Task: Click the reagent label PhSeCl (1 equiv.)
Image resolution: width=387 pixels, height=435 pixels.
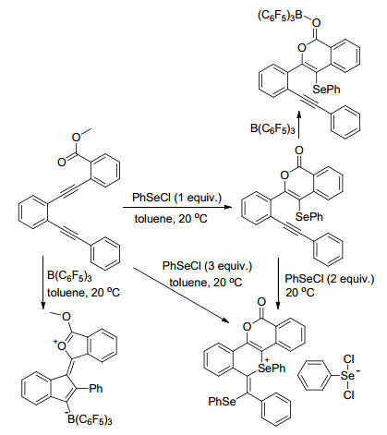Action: pos(176,198)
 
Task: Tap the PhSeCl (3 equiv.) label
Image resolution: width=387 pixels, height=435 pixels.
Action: pos(207,266)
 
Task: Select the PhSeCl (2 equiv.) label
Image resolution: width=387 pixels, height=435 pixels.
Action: pos(330,279)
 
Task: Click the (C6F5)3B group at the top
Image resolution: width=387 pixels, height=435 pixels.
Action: pos(280,16)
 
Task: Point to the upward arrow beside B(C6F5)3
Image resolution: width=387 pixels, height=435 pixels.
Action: pos(299,125)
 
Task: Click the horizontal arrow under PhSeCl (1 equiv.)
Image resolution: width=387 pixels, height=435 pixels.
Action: pos(176,207)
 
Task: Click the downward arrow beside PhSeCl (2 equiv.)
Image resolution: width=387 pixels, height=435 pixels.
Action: pos(278,284)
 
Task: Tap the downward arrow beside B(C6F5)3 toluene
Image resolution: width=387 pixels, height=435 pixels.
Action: pos(43,282)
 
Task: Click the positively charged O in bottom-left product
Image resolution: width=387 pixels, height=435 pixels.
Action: pos(61,346)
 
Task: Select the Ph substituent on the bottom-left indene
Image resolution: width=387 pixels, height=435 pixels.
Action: pos(96,389)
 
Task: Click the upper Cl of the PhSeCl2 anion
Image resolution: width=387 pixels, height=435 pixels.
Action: pos(349,359)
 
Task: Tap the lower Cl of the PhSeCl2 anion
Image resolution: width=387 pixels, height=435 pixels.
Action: pos(349,395)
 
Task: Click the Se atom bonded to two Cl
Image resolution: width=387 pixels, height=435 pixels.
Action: pos(348,376)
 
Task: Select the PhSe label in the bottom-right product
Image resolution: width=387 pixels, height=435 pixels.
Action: pos(222,402)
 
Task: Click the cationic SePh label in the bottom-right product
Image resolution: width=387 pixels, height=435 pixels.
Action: pos(272,368)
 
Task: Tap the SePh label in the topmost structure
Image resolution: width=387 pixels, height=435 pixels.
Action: pos(327,90)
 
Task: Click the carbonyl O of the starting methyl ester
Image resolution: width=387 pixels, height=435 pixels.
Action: pos(62,162)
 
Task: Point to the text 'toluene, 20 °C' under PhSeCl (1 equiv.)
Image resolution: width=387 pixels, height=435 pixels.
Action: pos(171,218)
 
